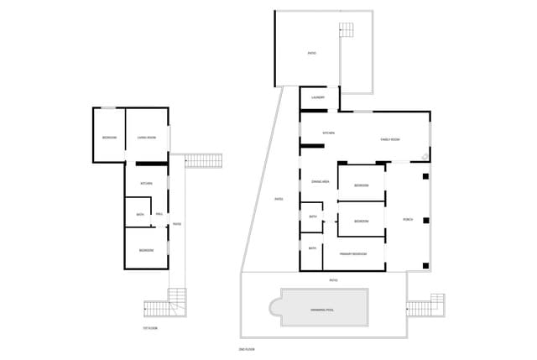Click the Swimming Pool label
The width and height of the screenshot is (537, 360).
click(322, 310)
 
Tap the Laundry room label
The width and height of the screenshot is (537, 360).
click(317, 97)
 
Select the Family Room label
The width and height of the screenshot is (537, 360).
click(390, 139)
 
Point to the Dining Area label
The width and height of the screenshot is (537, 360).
click(319, 181)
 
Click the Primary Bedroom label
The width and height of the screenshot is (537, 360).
click(352, 253)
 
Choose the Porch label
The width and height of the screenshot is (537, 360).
click(408, 219)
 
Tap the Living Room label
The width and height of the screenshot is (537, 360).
click(147, 137)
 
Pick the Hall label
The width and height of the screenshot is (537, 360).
click(159, 215)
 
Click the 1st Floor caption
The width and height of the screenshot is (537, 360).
click(150, 328)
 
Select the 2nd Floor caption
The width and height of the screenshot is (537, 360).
click(247, 348)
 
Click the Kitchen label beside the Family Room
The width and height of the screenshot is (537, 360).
click(329, 133)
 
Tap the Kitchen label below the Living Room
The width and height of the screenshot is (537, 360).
click(146, 183)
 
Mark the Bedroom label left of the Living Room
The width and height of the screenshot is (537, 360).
click(109, 137)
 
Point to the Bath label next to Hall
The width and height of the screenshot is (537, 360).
click(140, 215)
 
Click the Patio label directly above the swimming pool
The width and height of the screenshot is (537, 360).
click(333, 279)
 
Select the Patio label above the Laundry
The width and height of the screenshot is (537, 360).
click(311, 54)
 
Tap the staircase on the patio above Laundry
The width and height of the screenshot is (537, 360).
click(347, 30)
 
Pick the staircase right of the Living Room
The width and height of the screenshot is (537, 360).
click(201, 159)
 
